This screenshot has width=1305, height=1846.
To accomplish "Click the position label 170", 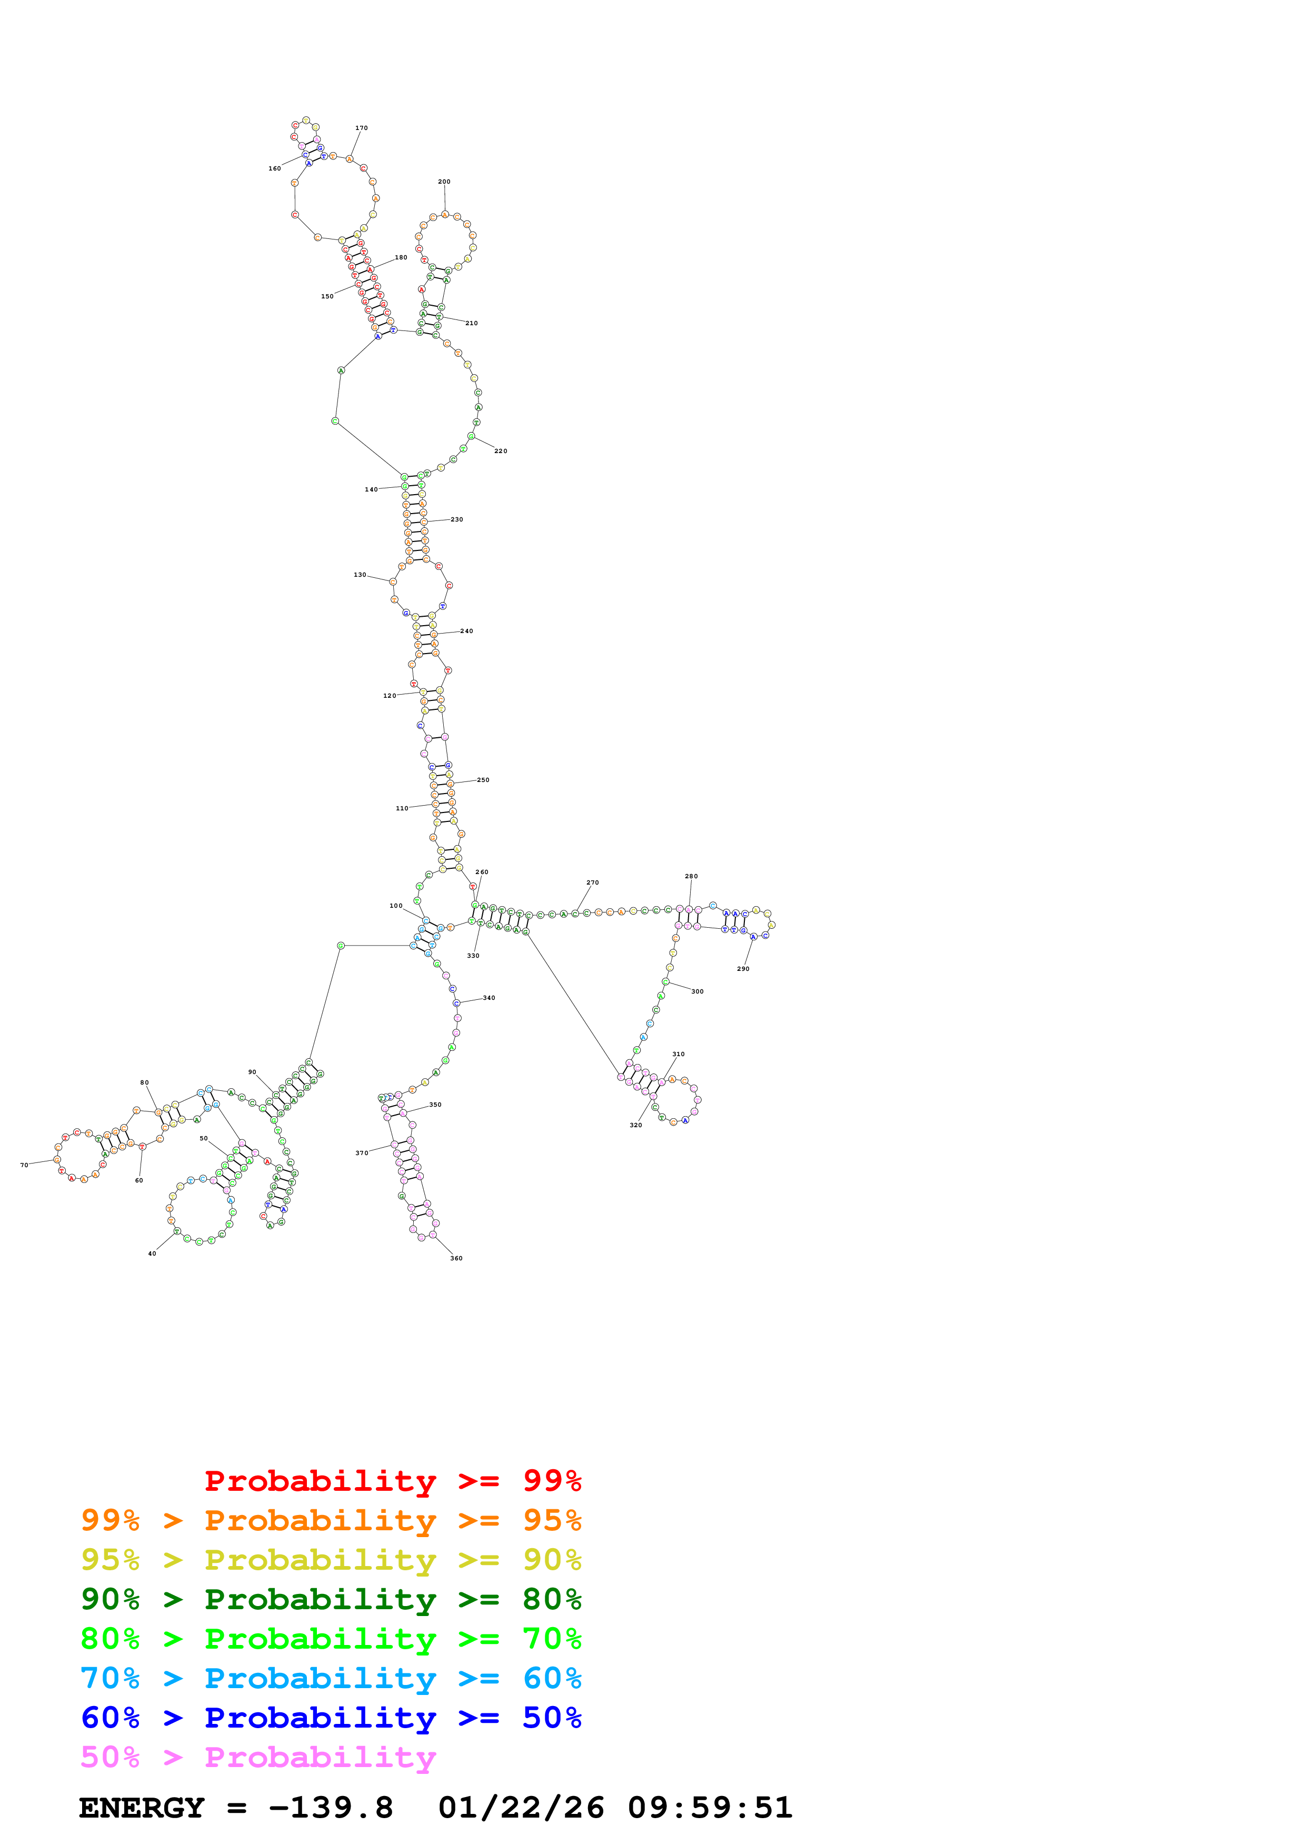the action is pos(361,128).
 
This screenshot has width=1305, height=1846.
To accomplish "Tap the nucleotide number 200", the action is pos(444,182).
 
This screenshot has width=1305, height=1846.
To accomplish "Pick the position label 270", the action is pos(593,883).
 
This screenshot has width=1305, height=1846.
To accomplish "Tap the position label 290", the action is pos(743,969).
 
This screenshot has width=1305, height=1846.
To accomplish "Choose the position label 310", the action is pos(679,1054).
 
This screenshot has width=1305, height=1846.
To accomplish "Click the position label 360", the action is pos(456,1258).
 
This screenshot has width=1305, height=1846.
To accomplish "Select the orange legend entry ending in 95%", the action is pos(331,1520).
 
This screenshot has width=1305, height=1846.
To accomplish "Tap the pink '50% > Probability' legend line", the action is pos(258,1757).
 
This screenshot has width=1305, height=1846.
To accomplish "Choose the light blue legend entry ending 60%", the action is pos(331,1678).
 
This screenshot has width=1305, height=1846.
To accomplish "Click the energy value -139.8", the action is pos(331,1808).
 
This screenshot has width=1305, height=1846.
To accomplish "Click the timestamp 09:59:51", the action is pos(710,1808).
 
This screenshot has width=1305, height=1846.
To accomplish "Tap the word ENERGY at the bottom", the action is pos(142,1808).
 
